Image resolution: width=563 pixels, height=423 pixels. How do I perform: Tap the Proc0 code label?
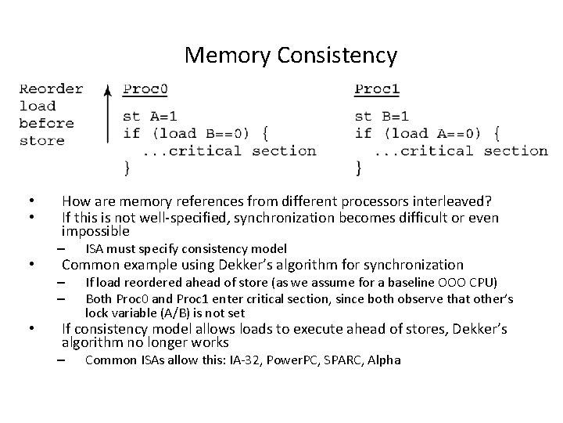pyautogui.click(x=145, y=89)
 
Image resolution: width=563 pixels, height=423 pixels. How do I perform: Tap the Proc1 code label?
pyautogui.click(x=377, y=89)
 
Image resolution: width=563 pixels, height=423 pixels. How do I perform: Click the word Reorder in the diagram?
pyautogui.click(x=51, y=89)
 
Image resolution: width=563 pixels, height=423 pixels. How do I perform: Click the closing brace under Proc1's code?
pyautogui.click(x=359, y=167)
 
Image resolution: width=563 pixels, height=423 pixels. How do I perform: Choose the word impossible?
pyautogui.click(x=95, y=231)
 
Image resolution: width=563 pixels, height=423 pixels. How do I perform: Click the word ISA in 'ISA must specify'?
pyautogui.click(x=94, y=248)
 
